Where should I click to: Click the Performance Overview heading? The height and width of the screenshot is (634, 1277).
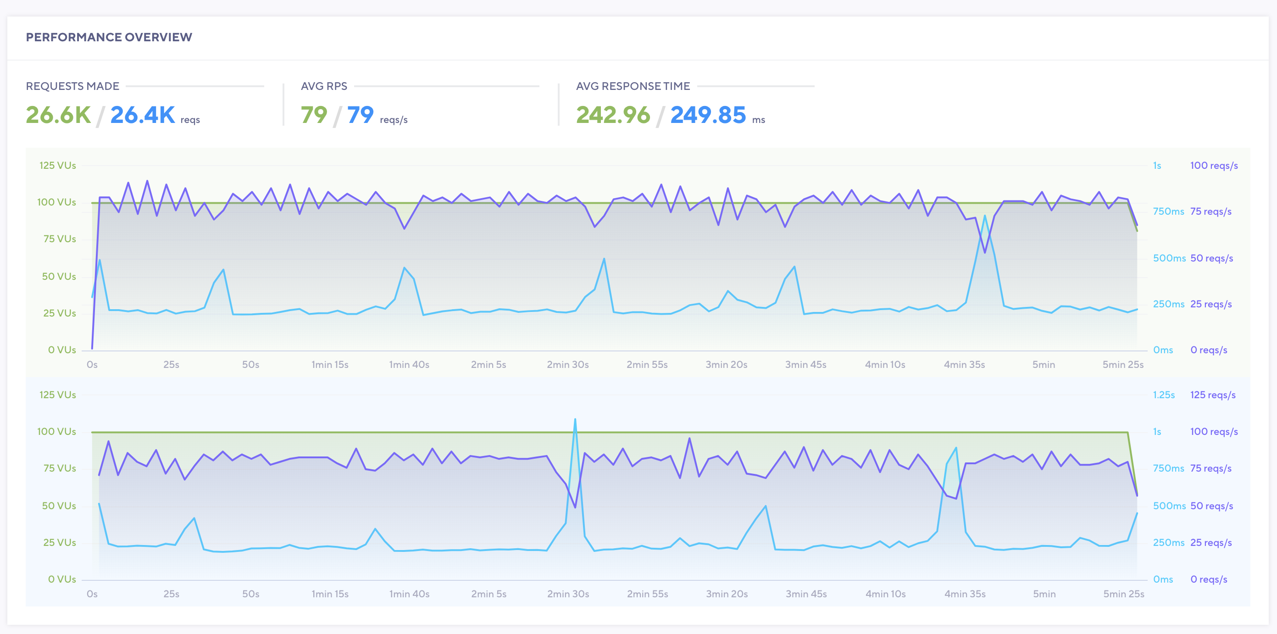[x=109, y=37]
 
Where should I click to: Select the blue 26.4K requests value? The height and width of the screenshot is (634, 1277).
[x=142, y=115]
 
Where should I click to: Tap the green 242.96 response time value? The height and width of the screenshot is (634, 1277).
[x=613, y=115]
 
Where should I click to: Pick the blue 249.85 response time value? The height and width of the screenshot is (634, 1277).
[x=708, y=115]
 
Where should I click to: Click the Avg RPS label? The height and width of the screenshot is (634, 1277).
[x=324, y=86]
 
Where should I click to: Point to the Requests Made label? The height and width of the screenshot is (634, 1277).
[x=72, y=86]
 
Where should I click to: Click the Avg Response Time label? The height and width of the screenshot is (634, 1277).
[x=633, y=86]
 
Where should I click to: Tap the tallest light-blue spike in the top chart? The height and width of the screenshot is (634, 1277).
[x=984, y=217]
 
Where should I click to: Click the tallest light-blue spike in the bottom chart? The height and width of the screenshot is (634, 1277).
[x=575, y=420]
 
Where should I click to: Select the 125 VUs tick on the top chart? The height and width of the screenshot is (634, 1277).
[x=57, y=166]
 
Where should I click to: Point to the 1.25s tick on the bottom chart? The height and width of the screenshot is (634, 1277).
[x=1164, y=395]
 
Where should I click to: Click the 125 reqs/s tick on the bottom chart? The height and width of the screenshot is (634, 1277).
[x=1213, y=395]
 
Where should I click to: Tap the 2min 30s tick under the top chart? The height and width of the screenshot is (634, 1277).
[x=567, y=365]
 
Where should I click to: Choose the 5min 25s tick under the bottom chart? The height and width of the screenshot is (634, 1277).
[x=1123, y=594]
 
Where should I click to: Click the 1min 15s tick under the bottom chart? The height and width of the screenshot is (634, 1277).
[x=330, y=594]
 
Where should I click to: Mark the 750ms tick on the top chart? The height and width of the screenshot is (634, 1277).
[x=1168, y=211]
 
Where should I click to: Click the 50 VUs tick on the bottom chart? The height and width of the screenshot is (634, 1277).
[x=59, y=506]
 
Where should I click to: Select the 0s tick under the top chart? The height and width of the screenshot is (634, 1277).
[x=92, y=365]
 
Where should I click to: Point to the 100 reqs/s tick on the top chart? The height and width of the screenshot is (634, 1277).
[x=1214, y=166]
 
